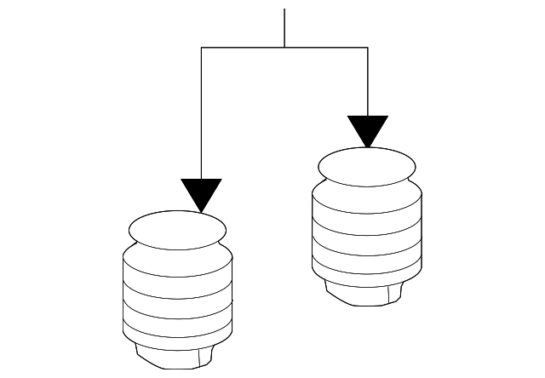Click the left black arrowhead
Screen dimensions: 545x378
tap(202, 192)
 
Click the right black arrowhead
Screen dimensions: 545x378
tap(368, 129)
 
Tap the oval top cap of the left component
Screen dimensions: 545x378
tap(177, 230)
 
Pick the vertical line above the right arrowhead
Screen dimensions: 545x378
tap(368, 81)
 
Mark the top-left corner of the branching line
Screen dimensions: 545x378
tap(202, 48)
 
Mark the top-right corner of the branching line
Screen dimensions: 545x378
tap(368, 48)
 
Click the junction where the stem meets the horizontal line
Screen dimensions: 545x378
tap(284, 48)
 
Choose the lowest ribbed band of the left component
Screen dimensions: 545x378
tap(177, 331)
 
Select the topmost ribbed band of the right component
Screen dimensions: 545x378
tap(367, 205)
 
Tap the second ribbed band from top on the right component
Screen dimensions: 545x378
tap(367, 226)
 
